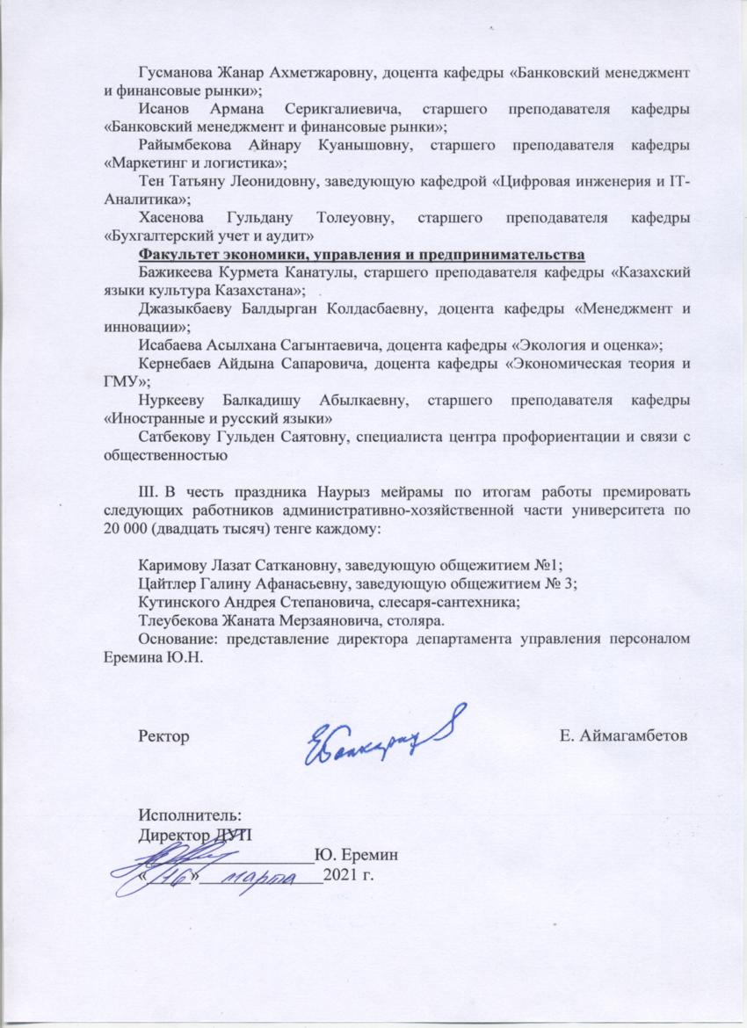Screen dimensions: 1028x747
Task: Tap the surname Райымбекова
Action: point(185,144)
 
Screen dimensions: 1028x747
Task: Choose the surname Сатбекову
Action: point(176,438)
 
